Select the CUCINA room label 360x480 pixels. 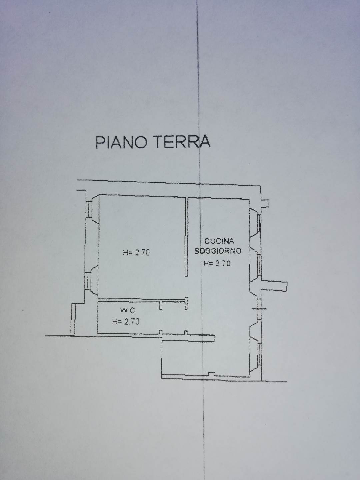[219, 241]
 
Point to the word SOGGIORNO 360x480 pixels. [218, 251]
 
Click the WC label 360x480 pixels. [127, 310]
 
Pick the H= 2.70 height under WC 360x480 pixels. [126, 321]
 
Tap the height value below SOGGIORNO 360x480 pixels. [217, 264]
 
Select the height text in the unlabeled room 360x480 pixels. [136, 253]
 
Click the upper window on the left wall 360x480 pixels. [89, 209]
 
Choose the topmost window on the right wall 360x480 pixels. [259, 222]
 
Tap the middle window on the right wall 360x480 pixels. [259, 265]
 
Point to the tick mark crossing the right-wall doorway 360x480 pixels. [259, 309]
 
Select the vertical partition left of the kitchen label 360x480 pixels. [186, 237]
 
